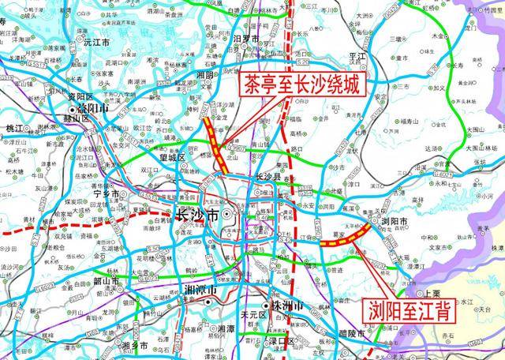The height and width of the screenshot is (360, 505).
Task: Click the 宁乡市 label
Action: coord(105,193)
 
